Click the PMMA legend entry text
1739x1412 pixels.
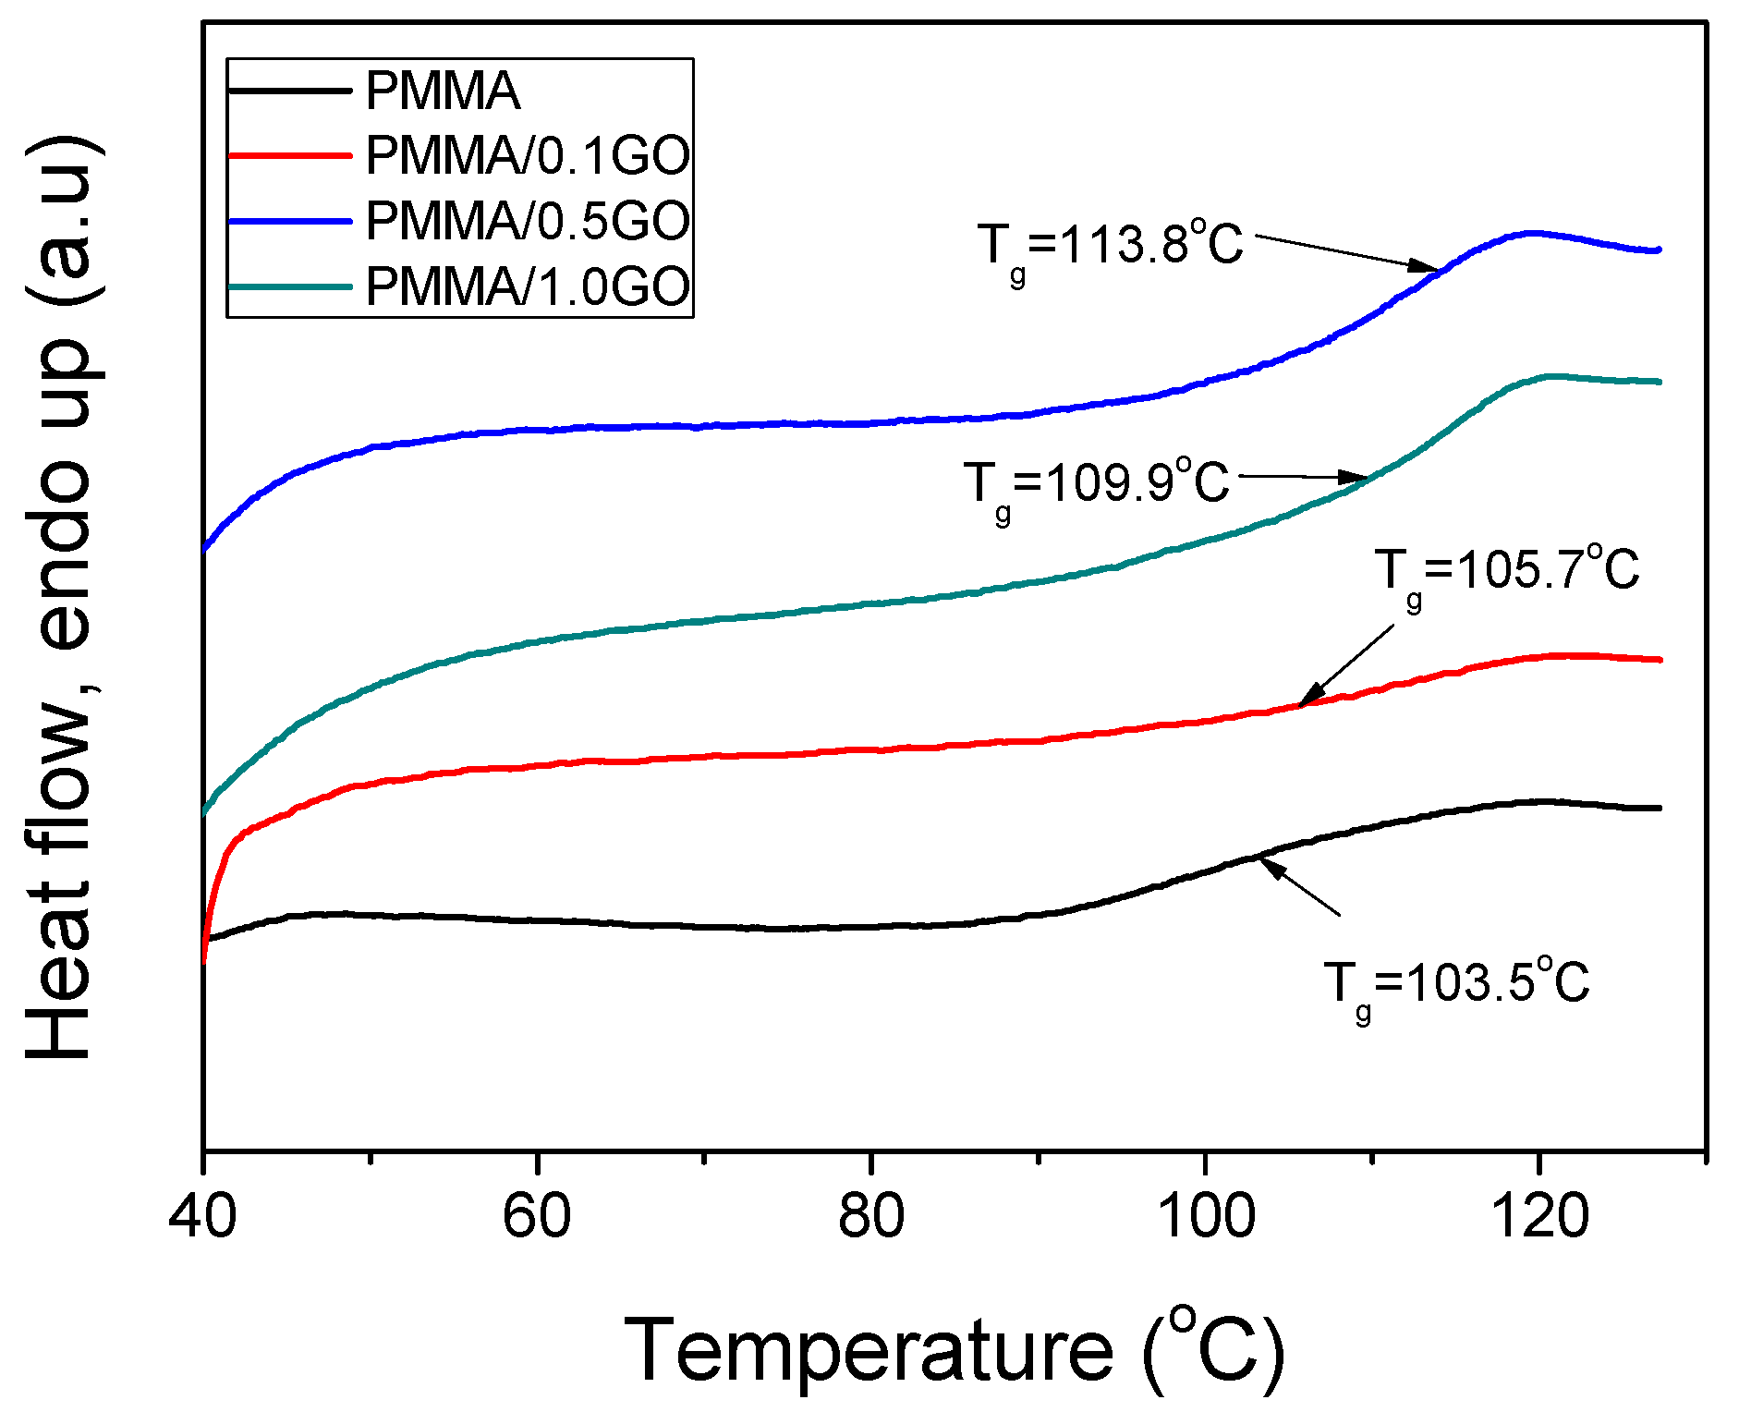[x=443, y=91]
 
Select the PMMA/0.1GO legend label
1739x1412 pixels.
[x=528, y=155]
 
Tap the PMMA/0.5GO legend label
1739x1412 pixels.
[x=528, y=221]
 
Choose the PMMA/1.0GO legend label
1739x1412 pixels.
[x=528, y=286]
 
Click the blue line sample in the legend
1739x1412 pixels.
[x=290, y=221]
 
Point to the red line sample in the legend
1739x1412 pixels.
[x=290, y=155]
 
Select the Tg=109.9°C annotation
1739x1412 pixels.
[x=1096, y=483]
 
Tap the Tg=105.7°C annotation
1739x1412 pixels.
[x=1506, y=571]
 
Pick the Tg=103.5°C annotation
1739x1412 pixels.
[x=1456, y=984]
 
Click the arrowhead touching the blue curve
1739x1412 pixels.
[x=1424, y=266]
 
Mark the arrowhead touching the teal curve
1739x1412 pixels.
[x=1355, y=478]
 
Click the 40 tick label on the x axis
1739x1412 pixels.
[x=202, y=1216]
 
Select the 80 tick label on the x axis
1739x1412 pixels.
[x=870, y=1216]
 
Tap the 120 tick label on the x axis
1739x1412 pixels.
[x=1538, y=1216]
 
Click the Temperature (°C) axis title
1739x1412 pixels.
[x=955, y=1350]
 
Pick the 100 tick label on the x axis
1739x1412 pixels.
[x=1205, y=1216]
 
